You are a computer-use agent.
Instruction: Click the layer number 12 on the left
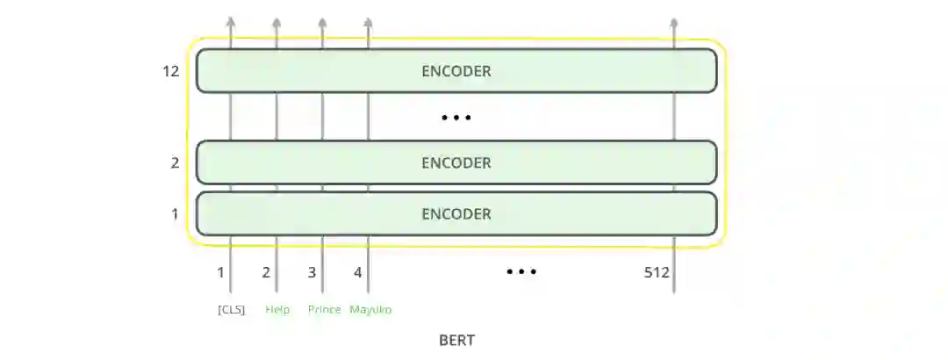[x=171, y=70]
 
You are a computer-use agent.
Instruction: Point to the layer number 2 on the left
[x=175, y=162]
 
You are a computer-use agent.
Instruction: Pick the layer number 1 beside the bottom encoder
[x=175, y=213]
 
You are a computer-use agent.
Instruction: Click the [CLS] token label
[x=232, y=309]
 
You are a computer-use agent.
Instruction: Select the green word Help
[x=277, y=309]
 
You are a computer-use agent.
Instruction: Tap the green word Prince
[x=324, y=309]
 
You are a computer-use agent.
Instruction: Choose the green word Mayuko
[x=370, y=309]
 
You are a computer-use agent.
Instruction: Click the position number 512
[x=657, y=272]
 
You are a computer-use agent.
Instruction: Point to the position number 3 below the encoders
[x=312, y=272]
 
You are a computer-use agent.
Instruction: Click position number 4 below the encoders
[x=357, y=272]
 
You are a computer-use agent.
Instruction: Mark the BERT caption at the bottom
[x=456, y=340]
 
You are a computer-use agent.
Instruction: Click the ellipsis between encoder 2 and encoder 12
[x=456, y=117]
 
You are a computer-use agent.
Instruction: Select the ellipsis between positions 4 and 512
[x=521, y=272]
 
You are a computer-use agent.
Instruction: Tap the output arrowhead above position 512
[x=673, y=22]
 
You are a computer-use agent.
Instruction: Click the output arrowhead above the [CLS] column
[x=231, y=22]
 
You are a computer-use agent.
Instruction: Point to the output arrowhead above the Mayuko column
[x=368, y=22]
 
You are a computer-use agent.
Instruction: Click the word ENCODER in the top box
[x=456, y=70]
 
